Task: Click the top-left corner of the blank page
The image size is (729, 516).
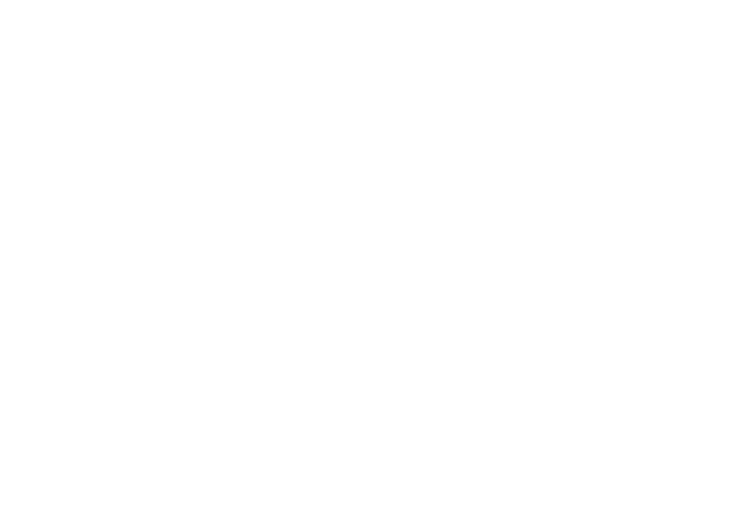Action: [0, 0]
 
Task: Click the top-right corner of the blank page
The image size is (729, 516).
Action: [728, 0]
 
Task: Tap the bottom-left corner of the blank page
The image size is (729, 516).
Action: [0, 515]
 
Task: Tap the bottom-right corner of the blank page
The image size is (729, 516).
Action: [728, 515]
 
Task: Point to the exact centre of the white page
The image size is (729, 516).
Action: [364, 258]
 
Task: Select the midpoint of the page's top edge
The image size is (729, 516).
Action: [364, 0]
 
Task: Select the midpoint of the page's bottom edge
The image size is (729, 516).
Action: [364, 515]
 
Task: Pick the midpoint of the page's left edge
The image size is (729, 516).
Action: [0, 258]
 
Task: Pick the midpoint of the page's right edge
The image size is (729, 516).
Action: [728, 258]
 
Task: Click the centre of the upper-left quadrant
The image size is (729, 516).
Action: [182, 129]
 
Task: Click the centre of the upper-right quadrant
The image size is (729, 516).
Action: [547, 129]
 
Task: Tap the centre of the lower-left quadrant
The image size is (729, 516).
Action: [182, 387]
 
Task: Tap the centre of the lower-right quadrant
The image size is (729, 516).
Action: [547, 387]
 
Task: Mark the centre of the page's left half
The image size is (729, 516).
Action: [182, 258]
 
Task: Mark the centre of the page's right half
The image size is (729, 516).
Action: [547, 258]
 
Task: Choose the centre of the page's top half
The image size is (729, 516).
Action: [364, 129]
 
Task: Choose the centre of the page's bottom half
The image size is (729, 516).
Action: [364, 387]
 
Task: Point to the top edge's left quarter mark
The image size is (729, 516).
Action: [182, 0]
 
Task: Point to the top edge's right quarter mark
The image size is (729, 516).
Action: [547, 0]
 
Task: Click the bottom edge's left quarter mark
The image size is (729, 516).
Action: [182, 515]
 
